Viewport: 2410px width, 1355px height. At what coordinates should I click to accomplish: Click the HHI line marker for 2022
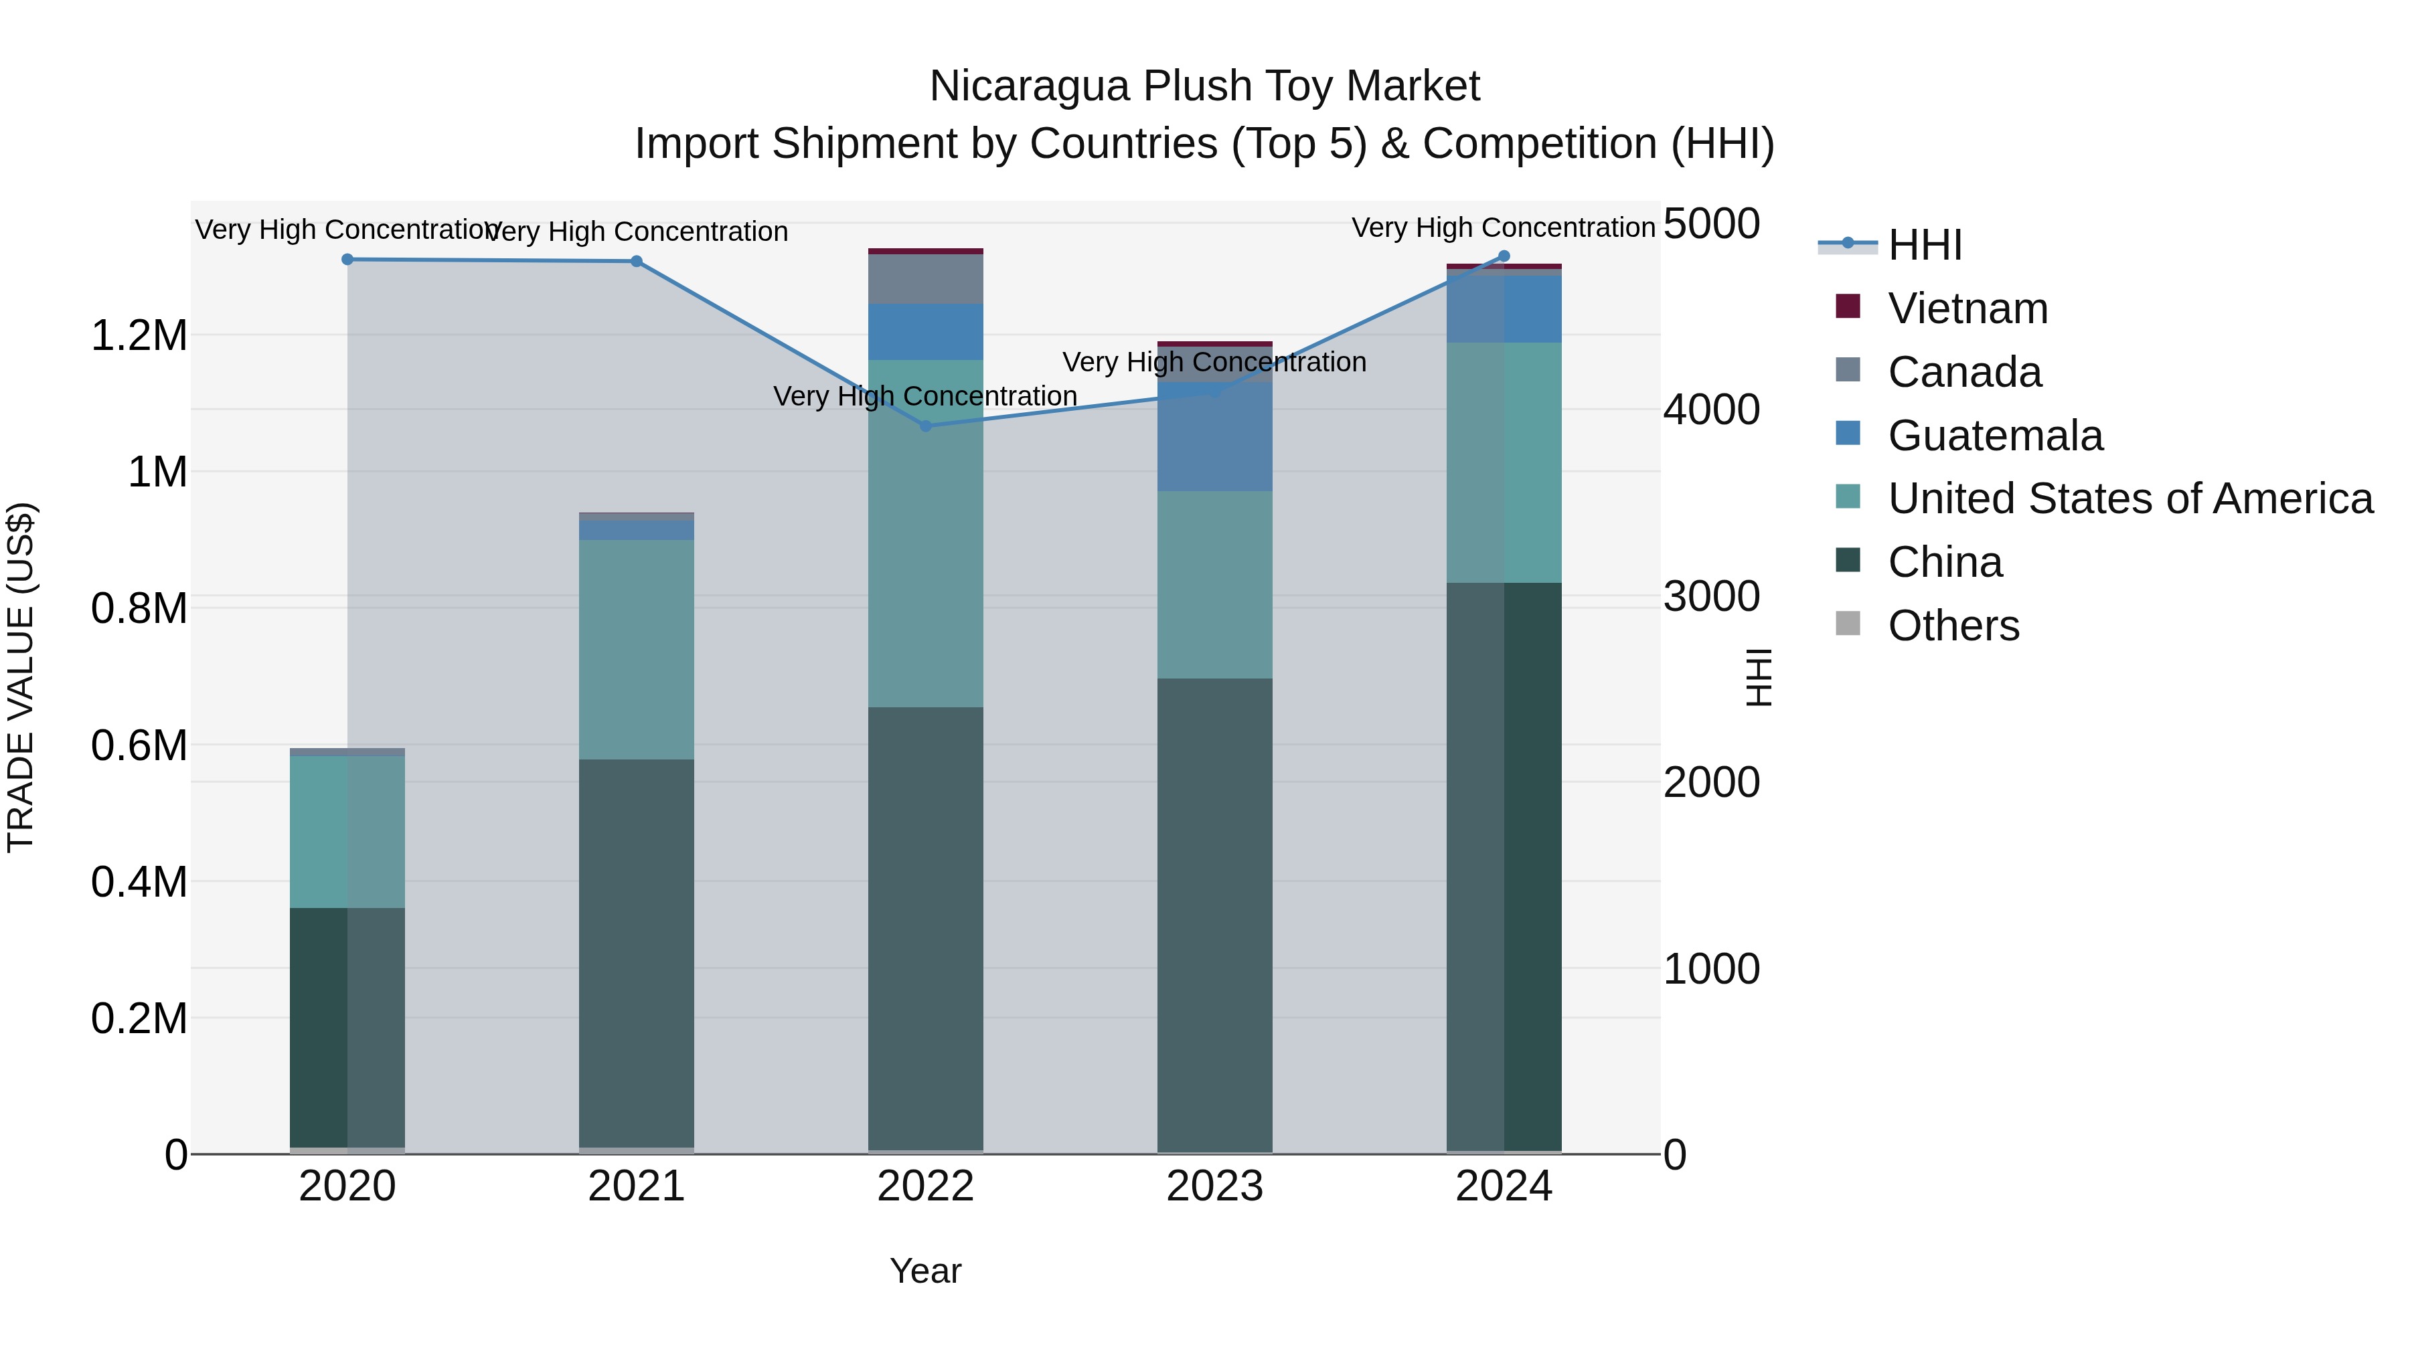[925, 426]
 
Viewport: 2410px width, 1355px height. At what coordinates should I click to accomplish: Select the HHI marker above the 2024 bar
[1504, 256]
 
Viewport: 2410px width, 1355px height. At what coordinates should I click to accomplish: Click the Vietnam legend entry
[1967, 308]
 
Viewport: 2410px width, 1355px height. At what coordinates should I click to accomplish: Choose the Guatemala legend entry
[1995, 436]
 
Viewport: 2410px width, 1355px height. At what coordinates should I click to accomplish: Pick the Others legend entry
[1953, 626]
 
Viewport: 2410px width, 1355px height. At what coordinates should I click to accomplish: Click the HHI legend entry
[1925, 245]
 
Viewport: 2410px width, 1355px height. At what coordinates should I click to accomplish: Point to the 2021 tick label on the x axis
[636, 1186]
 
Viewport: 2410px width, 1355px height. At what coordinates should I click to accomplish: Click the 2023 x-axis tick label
[1214, 1186]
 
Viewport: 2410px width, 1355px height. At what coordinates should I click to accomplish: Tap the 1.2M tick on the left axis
[139, 336]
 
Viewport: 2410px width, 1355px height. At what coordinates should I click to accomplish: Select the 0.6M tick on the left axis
[139, 745]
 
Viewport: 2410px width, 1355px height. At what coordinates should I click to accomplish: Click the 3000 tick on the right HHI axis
[1711, 597]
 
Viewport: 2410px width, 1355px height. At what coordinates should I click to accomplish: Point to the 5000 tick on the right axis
[1711, 224]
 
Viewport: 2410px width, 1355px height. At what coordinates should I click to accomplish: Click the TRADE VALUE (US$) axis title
[21, 677]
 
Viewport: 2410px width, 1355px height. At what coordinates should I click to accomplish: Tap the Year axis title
[925, 1271]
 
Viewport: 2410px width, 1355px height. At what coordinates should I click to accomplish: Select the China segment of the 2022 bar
[925, 926]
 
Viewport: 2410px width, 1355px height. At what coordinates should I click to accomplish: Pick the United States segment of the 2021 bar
[636, 649]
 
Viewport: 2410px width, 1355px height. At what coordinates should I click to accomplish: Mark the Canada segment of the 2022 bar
[925, 278]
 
